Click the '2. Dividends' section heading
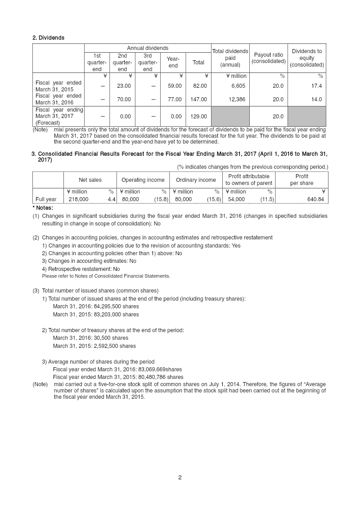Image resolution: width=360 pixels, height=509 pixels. tap(48, 38)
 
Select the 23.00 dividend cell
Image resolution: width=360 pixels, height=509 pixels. tap(124, 86)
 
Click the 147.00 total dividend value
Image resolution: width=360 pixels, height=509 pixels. tap(198, 99)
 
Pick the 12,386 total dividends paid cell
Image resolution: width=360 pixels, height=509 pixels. tap(237, 99)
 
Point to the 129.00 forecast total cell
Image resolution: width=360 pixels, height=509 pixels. tap(198, 117)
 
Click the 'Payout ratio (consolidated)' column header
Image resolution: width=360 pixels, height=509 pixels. tap(269, 58)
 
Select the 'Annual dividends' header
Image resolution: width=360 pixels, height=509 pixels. tap(148, 48)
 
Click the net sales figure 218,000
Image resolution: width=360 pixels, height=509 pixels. tap(78, 199)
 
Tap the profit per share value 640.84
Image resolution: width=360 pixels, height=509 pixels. tap(315, 199)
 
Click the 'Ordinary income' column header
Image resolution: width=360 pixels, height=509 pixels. tap(196, 180)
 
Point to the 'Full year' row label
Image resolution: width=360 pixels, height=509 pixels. tap(46, 199)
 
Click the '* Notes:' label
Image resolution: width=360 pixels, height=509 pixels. tap(43, 208)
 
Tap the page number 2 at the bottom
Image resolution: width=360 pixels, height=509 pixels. tap(180, 477)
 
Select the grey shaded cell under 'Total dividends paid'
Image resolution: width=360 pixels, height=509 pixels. tap(230, 117)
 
